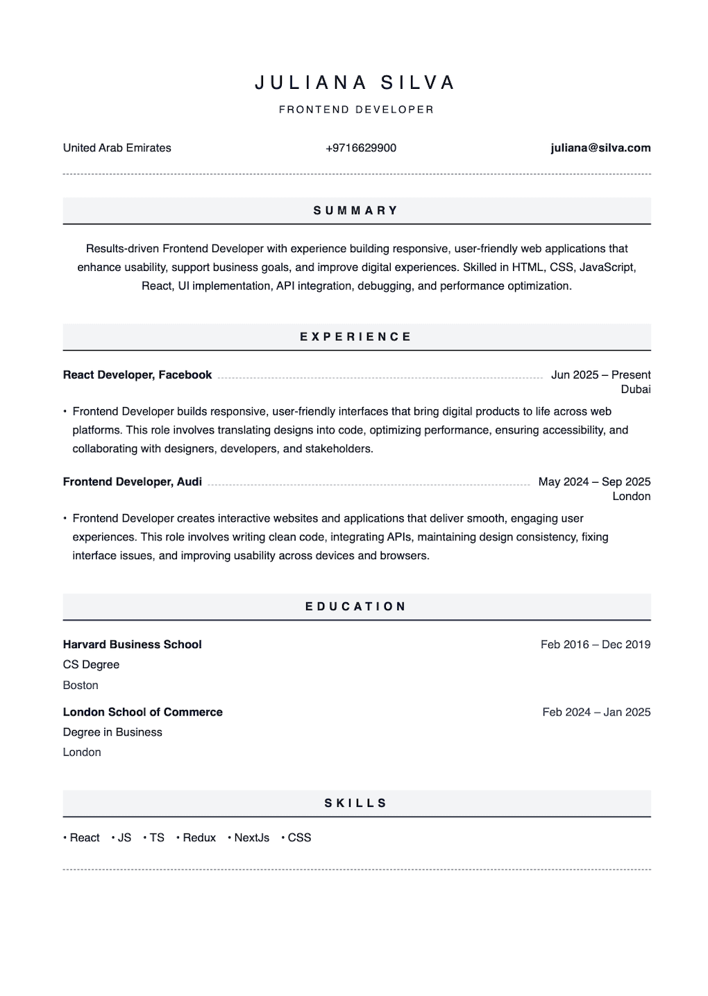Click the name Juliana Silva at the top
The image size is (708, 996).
(x=355, y=83)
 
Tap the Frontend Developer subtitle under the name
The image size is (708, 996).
(x=356, y=110)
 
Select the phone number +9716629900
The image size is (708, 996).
(x=361, y=148)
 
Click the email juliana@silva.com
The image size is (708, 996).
(x=600, y=148)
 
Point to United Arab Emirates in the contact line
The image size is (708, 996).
(x=117, y=148)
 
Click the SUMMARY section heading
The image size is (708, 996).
(x=356, y=210)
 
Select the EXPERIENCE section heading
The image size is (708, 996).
(x=356, y=337)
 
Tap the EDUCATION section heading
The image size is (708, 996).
(x=356, y=606)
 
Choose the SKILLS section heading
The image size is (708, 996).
(x=356, y=803)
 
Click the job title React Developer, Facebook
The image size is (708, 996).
(x=137, y=375)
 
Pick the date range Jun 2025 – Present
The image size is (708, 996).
(x=600, y=375)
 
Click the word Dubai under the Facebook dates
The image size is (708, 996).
(x=636, y=390)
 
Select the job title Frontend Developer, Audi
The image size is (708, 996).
(x=133, y=482)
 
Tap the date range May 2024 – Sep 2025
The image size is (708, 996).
(x=594, y=482)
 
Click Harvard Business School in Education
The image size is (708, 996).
(x=133, y=645)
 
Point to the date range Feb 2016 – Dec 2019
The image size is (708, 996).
(x=596, y=645)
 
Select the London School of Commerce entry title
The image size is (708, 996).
(x=143, y=712)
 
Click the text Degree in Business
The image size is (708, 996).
(x=112, y=732)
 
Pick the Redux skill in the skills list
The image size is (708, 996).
(x=199, y=838)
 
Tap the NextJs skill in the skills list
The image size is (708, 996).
(x=251, y=838)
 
